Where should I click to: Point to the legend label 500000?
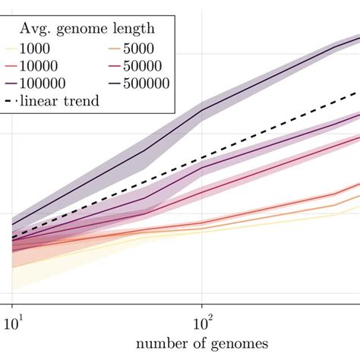pos(145,83)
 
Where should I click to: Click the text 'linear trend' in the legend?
pos(61,100)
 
